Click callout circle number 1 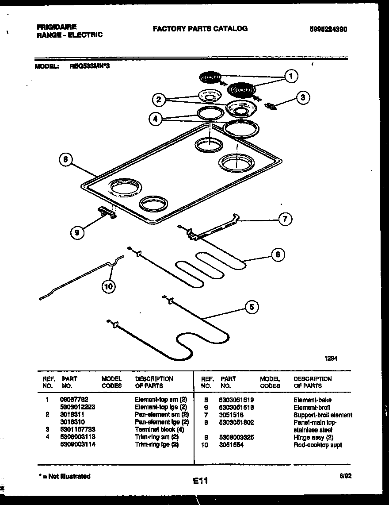click(x=290, y=77)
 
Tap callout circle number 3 click(x=302, y=98)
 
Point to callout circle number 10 click(x=108, y=287)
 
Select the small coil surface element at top click(x=210, y=78)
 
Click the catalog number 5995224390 click(x=328, y=29)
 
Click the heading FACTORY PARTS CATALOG click(x=200, y=28)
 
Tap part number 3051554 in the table click(x=231, y=444)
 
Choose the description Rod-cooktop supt click(x=317, y=444)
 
